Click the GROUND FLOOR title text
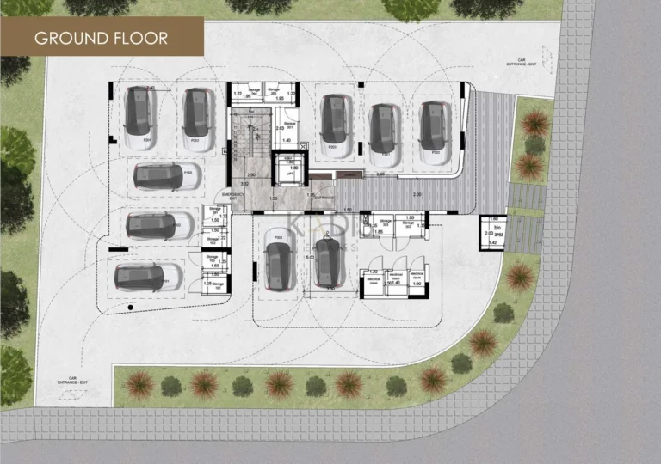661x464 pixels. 101,38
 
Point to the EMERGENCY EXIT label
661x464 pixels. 233,196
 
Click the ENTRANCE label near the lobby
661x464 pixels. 325,197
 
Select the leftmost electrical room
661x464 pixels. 372,281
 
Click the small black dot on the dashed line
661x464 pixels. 130,307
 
